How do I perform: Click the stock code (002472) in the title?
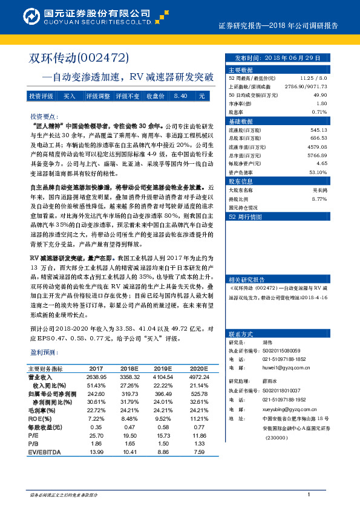tap(104, 58)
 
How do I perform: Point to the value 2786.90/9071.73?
tap(309, 86)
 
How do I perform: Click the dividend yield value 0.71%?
tap(319, 112)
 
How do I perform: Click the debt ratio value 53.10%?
tap(318, 172)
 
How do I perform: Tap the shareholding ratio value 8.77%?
tap(319, 198)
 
